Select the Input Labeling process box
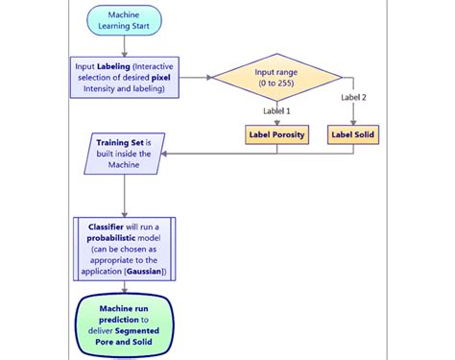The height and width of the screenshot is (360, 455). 123,78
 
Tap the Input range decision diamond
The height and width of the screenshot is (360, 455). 277,78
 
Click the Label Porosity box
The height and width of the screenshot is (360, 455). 276,135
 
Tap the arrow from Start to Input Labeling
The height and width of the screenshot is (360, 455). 123,47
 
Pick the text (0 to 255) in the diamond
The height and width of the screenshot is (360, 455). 277,84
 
